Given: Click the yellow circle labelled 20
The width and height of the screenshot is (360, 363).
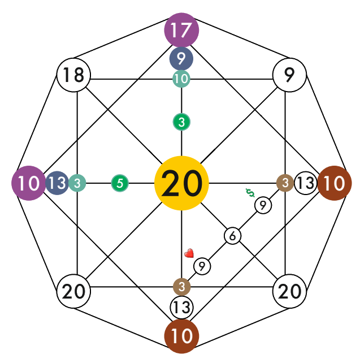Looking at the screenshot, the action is point(181,183).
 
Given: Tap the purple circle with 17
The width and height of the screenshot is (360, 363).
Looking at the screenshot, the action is point(181,31).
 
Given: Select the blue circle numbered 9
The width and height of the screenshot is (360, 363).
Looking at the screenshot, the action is point(181,58).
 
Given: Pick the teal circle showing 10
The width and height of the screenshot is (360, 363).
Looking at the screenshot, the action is point(181,79).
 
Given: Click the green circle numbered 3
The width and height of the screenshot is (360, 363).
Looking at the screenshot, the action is point(181,122).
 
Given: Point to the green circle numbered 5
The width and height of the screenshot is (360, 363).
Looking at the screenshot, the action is point(120,183).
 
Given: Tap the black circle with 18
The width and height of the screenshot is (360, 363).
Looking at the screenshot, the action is point(74,75).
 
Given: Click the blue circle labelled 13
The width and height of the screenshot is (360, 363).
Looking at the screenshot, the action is point(57,183).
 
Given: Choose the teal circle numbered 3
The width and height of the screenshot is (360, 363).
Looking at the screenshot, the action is point(77,183).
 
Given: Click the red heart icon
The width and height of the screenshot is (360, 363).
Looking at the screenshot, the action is point(189,253).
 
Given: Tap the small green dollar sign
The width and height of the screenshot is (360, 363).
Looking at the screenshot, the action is point(250,193).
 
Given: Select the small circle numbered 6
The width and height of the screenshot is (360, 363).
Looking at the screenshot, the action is point(233,236).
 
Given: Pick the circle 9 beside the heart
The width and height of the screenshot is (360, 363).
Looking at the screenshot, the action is point(202,265).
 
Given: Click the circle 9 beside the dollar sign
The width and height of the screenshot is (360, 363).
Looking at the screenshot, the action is point(263,206).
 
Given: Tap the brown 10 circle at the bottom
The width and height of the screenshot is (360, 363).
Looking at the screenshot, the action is point(181,336).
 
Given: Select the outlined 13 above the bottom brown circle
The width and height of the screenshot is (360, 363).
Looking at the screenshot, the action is point(181,308).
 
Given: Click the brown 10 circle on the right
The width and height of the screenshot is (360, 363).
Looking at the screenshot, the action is point(335,183).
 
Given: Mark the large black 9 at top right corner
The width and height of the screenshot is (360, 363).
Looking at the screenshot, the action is point(289,75).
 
